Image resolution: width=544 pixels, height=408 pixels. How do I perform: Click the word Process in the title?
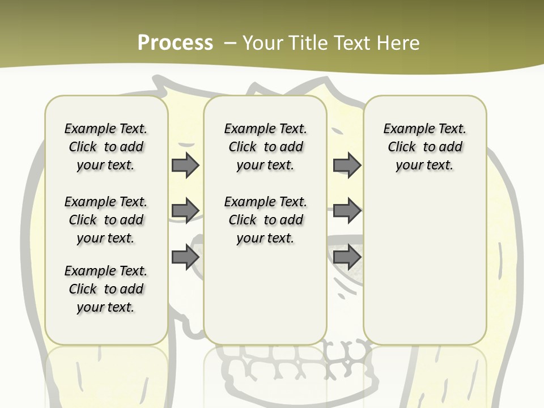point(175,42)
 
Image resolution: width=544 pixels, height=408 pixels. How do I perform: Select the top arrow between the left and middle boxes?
point(185,165)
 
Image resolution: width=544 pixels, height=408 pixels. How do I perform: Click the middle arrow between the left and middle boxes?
point(185,211)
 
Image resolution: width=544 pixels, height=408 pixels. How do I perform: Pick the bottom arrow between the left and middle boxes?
point(185,257)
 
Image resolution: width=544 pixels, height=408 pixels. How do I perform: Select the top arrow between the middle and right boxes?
point(347,165)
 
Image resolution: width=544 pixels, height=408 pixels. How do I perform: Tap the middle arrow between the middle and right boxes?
point(347,211)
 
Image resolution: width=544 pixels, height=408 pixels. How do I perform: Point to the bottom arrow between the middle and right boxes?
point(347,257)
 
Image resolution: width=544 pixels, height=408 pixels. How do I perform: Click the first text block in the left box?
point(106,147)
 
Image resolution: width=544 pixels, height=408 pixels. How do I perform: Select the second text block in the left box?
point(106,220)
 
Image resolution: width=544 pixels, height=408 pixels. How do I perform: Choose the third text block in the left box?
point(106,289)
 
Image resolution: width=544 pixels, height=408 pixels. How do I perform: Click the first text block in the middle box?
point(265,147)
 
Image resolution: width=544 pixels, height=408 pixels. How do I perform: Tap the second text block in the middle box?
point(265,220)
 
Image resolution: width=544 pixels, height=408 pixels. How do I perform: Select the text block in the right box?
point(425,147)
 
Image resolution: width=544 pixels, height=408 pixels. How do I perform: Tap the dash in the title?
point(230,43)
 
